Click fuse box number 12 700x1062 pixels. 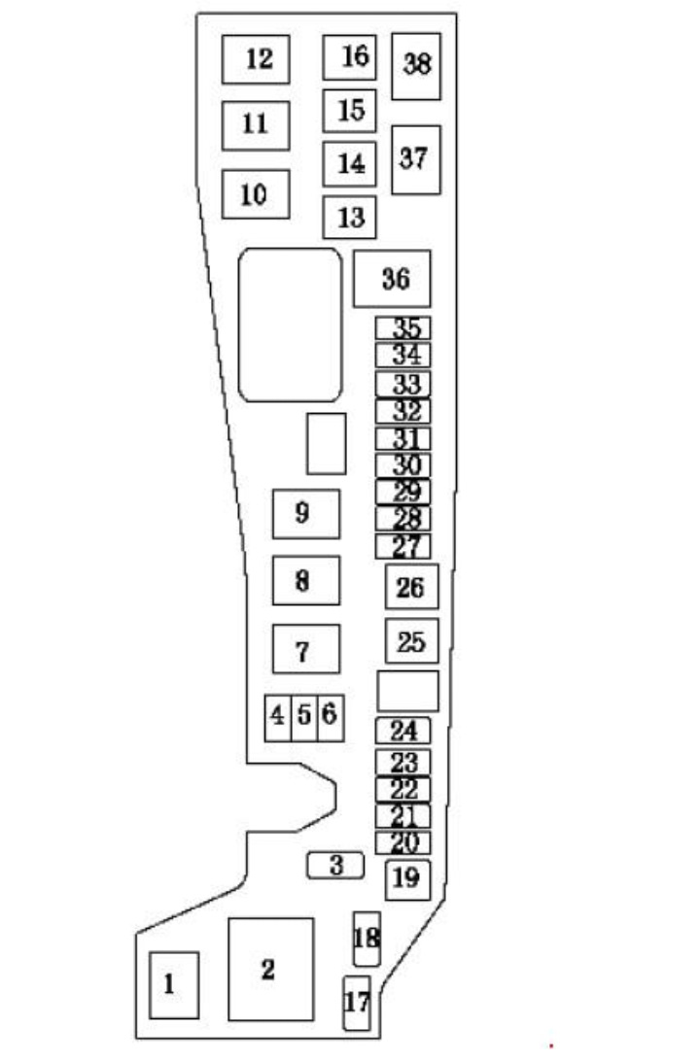point(256,59)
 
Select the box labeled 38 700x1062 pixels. point(416,66)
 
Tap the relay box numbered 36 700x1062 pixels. point(392,278)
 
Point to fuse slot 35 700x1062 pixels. point(403,328)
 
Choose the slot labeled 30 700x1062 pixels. point(403,465)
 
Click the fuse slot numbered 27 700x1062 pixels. point(403,547)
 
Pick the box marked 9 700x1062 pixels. point(306,514)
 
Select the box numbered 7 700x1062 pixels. point(306,649)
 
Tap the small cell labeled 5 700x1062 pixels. point(304,718)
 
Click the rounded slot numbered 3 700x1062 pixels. point(335,866)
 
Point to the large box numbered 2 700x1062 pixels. point(271,970)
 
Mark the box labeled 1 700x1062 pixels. point(174,985)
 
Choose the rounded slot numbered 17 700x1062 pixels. point(357,1003)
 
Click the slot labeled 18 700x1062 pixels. point(367,939)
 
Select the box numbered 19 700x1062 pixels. point(408,879)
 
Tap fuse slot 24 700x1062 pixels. point(403,731)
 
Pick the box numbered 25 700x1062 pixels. point(412,640)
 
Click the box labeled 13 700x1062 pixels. point(350,218)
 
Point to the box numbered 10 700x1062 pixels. point(256,194)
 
